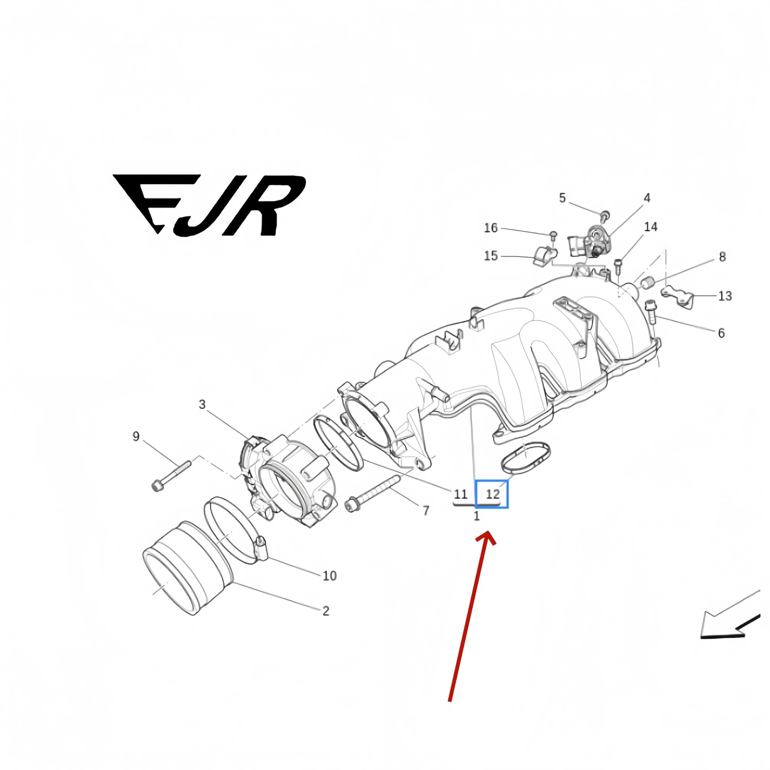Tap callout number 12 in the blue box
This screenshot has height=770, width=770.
pyautogui.click(x=493, y=494)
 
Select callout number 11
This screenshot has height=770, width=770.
pyautogui.click(x=460, y=494)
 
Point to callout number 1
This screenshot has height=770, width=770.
pyautogui.click(x=476, y=516)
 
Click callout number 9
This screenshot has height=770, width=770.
pyautogui.click(x=136, y=436)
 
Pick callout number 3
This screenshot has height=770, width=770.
pyautogui.click(x=202, y=404)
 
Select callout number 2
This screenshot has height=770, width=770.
pyautogui.click(x=326, y=611)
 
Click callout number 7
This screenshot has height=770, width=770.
pyautogui.click(x=426, y=510)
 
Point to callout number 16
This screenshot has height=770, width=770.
pyautogui.click(x=491, y=228)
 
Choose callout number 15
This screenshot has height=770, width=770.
pyautogui.click(x=491, y=256)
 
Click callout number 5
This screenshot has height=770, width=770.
pyautogui.click(x=563, y=198)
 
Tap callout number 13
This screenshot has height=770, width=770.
pyautogui.click(x=725, y=296)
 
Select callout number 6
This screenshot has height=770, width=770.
pyautogui.click(x=721, y=333)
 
